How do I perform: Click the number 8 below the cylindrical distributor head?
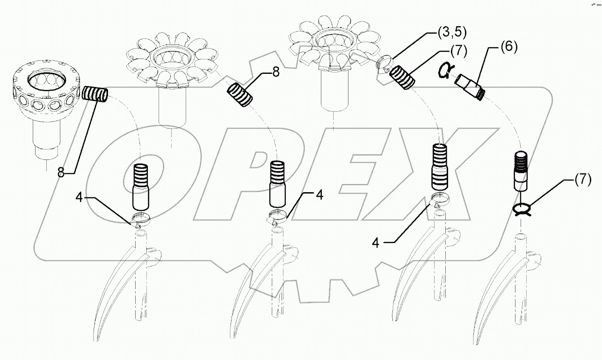(x=61, y=173)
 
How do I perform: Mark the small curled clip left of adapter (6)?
(x=445, y=71)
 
